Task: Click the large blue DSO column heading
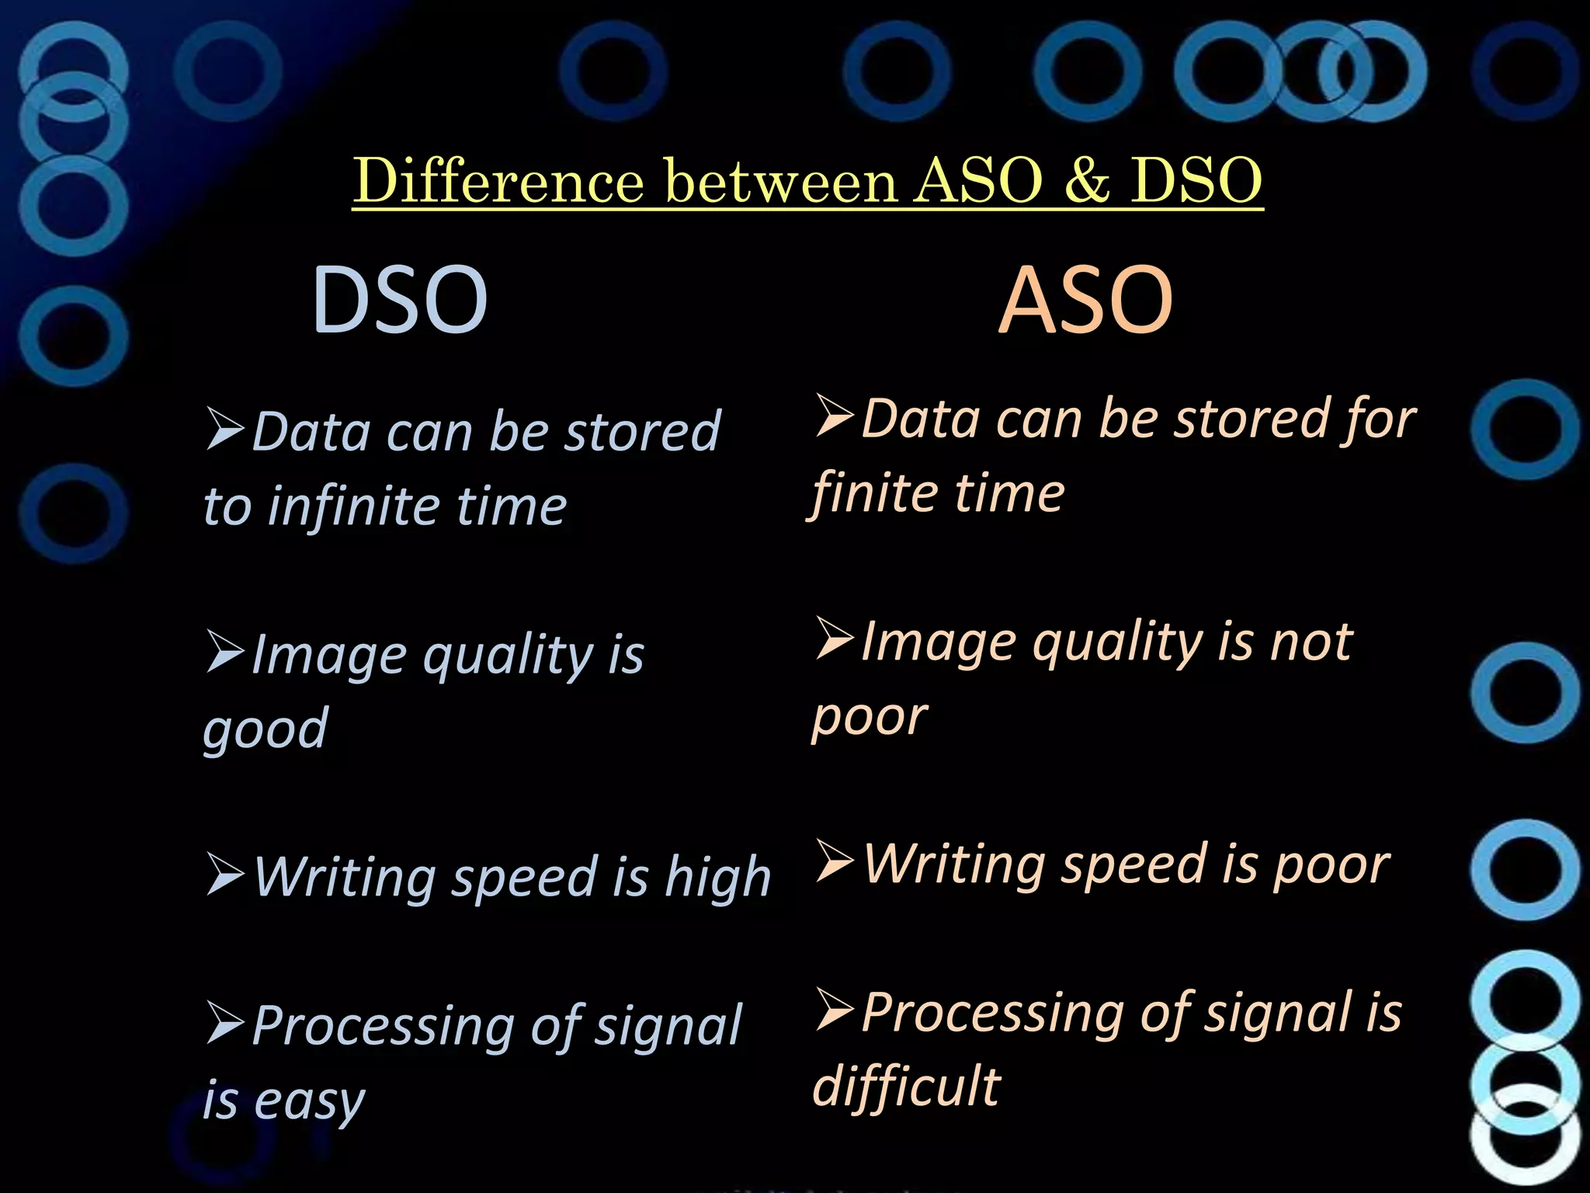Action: (x=399, y=300)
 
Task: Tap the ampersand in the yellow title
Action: (x=1086, y=181)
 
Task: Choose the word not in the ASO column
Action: (x=1311, y=642)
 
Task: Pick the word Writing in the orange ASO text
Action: (x=955, y=864)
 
